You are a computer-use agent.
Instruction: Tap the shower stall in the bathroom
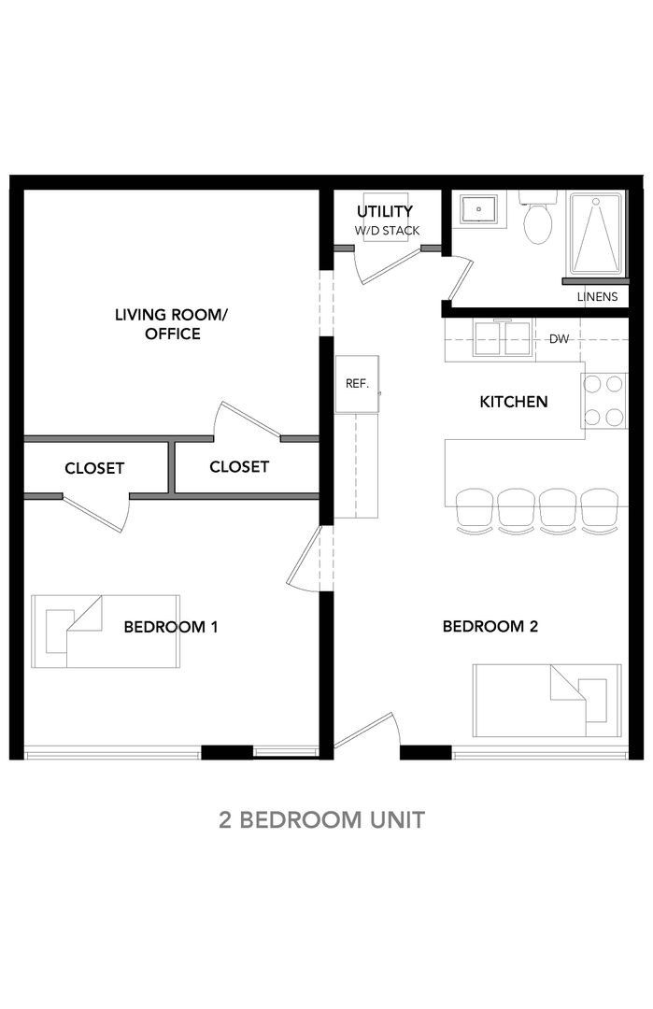pyautogui.click(x=596, y=234)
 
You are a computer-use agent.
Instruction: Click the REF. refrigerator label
pyautogui.click(x=357, y=384)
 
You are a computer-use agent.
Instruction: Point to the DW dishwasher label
pyautogui.click(x=559, y=338)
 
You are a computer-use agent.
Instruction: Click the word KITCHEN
pyautogui.click(x=514, y=402)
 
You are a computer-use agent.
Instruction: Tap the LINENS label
pyautogui.click(x=597, y=297)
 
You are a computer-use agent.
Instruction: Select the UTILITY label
pyautogui.click(x=385, y=211)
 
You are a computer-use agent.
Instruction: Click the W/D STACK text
pyautogui.click(x=387, y=231)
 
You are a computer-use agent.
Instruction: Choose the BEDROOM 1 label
pyautogui.click(x=170, y=627)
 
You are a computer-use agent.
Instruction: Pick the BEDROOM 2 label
pyautogui.click(x=490, y=626)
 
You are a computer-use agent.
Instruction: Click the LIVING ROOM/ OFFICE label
pyautogui.click(x=172, y=323)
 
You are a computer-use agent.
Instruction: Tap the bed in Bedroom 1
pyautogui.click(x=106, y=632)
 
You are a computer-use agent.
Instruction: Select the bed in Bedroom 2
pyautogui.click(x=547, y=701)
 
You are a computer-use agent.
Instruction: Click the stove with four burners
pyautogui.click(x=603, y=401)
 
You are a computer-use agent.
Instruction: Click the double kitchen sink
pyautogui.click(x=502, y=338)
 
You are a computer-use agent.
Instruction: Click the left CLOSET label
pyautogui.click(x=94, y=468)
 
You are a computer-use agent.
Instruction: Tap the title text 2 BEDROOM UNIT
pyautogui.click(x=321, y=820)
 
